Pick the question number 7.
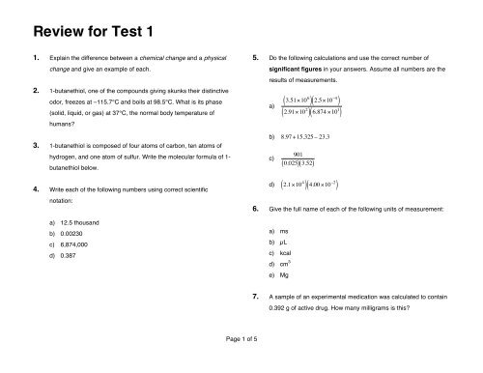pyautogui.click(x=253, y=295)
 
